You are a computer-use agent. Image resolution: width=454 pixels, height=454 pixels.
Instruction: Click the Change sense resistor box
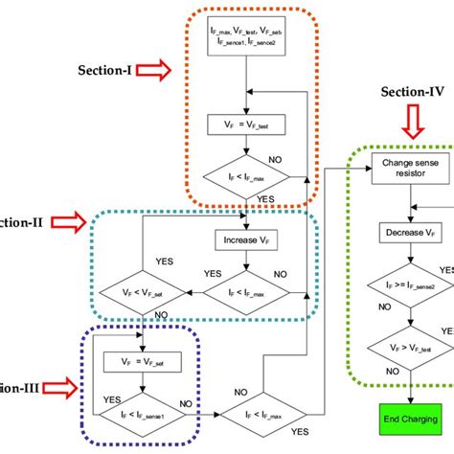pos(410,170)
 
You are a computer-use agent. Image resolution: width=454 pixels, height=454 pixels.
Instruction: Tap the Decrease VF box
pos(410,233)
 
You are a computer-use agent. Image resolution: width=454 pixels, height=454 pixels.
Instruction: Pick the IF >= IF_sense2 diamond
pos(410,284)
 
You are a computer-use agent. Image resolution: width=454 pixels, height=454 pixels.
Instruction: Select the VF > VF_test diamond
pos(410,348)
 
